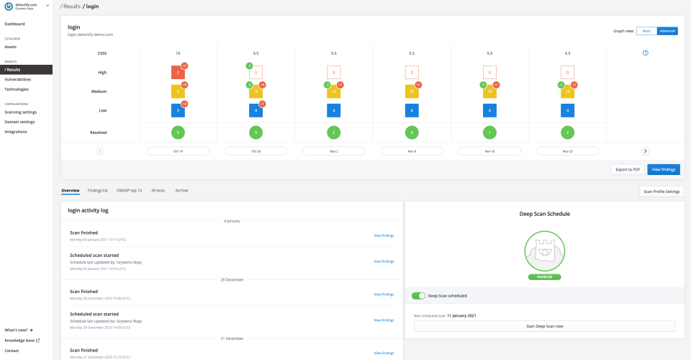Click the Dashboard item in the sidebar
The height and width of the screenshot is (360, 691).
[14, 24]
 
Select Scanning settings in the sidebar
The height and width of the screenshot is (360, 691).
[21, 112]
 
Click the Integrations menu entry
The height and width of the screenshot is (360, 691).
[16, 131]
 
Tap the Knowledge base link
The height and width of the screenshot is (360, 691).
[22, 340]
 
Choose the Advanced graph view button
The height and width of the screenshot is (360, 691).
[667, 31]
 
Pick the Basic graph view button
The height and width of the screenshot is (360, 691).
[646, 31]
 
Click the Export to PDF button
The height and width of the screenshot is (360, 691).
[627, 169]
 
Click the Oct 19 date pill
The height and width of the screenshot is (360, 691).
[178, 151]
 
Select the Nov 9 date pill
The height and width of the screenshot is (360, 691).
[412, 151]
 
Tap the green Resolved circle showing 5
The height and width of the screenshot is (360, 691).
[256, 132]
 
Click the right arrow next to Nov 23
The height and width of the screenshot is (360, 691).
[645, 151]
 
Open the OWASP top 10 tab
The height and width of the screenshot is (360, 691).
[129, 191]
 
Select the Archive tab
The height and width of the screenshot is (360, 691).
[181, 191]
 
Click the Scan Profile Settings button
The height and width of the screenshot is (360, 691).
[661, 192]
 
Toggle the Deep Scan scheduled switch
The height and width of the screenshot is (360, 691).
[418, 295]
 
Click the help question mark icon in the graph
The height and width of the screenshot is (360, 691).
[645, 53]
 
